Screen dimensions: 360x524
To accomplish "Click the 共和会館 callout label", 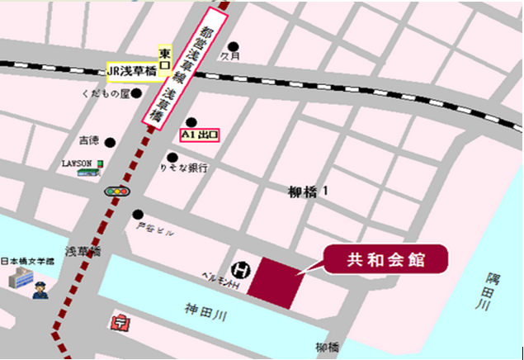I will point(386,260).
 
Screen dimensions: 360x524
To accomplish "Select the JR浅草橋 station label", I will point(132,72).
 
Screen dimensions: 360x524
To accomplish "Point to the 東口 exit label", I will point(165,54).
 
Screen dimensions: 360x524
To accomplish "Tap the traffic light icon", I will point(116,191).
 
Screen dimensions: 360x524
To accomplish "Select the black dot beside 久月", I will point(234,46).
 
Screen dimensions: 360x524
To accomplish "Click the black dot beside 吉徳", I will point(110,140).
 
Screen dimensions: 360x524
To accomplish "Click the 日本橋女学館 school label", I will point(27,258).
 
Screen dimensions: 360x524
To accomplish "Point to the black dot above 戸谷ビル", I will point(137,213).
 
